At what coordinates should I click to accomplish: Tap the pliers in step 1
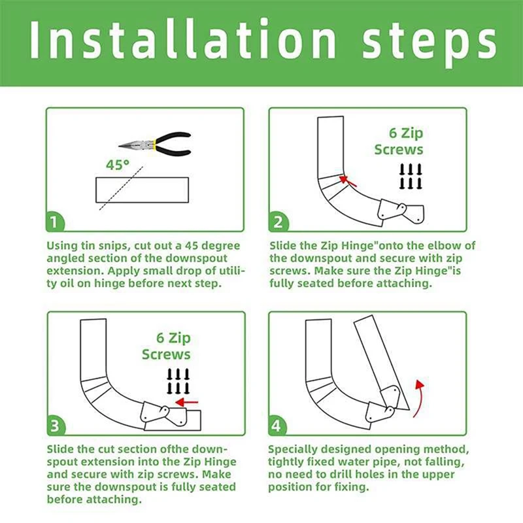point(155,144)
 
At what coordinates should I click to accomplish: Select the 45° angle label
point(118,165)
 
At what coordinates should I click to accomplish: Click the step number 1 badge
point(55,222)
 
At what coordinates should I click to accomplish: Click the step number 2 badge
point(278,222)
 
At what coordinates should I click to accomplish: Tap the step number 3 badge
point(56,426)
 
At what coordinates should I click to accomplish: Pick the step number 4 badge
point(277,426)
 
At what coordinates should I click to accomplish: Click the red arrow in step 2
point(348,181)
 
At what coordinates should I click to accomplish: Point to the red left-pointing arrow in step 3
point(187,402)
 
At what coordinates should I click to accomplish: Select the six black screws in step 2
point(411,177)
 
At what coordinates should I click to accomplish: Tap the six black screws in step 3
point(178,381)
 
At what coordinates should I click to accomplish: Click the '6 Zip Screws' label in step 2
point(399,141)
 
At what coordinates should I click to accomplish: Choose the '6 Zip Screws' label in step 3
point(166,346)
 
